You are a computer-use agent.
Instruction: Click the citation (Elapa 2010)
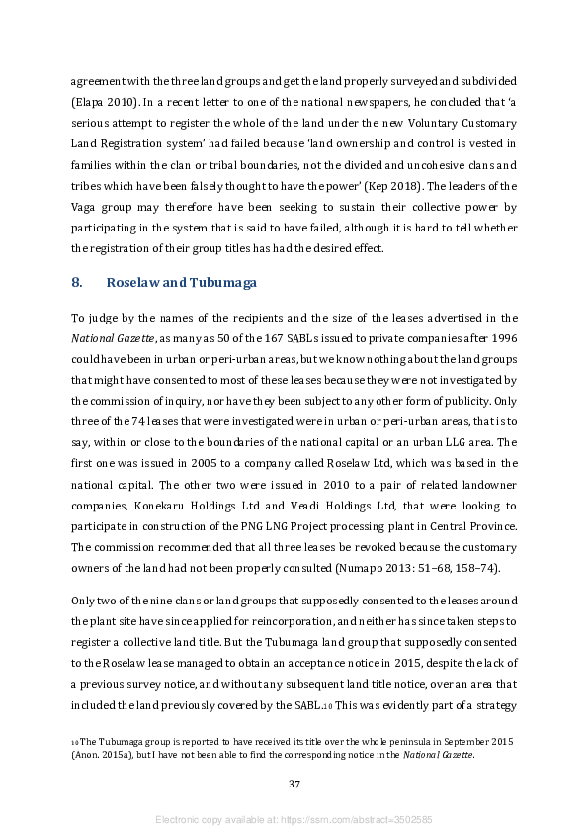coord(102,102)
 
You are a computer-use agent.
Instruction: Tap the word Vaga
coord(85,206)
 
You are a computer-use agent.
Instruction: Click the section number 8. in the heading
coord(77,283)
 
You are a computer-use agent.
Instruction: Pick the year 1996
coord(504,338)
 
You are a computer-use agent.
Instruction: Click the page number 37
coord(294,784)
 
